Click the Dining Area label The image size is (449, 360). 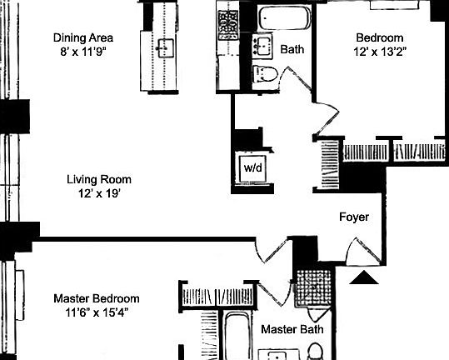82,37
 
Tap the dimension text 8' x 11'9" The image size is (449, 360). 82,52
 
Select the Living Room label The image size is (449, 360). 99,179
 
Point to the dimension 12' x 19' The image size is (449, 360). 99,193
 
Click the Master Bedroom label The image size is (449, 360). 97,298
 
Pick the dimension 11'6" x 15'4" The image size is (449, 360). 97,312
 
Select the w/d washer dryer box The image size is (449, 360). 252,167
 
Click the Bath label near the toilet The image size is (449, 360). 292,50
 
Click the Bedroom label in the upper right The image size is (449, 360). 380,37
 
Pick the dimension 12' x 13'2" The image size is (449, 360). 380,52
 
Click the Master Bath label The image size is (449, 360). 292,330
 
